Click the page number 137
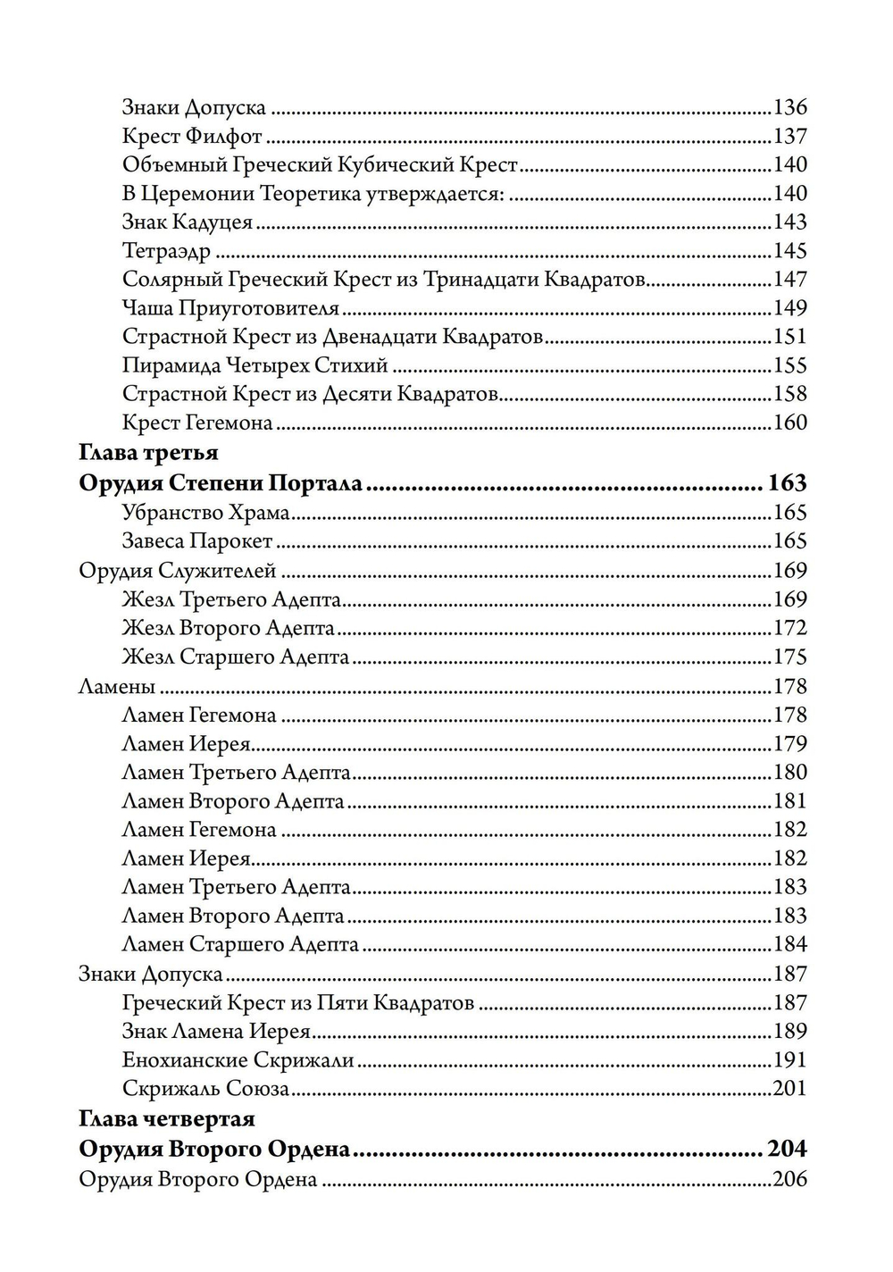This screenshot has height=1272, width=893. [789, 137]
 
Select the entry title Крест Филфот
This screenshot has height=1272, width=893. [192, 137]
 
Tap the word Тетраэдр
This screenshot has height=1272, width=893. [166, 251]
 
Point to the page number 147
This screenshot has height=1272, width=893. [789, 280]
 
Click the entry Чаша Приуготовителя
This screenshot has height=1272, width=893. [230, 308]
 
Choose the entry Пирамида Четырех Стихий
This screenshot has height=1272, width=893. [255, 365]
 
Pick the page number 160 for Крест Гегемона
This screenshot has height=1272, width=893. [789, 423]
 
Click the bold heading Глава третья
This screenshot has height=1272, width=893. [148, 453]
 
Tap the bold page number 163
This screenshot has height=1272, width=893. [786, 483]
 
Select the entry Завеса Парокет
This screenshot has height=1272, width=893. [197, 541]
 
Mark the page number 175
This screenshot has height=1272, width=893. [789, 657]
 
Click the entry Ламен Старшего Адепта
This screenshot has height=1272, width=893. [240, 944]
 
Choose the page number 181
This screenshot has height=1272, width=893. [789, 801]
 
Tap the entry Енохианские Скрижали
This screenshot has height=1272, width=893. [238, 1060]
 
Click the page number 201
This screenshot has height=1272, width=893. [789, 1089]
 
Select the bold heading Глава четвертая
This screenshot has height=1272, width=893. [167, 1118]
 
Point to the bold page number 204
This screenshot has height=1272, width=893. [786, 1149]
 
